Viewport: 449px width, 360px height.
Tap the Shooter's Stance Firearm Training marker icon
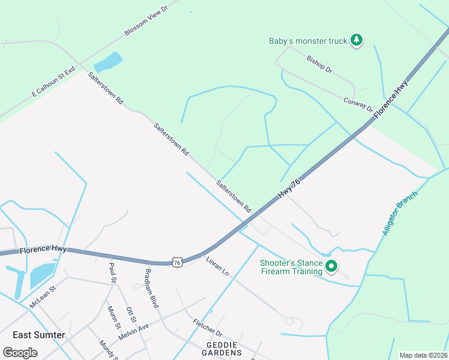pos(331,266)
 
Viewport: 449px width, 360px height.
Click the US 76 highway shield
pos(176,262)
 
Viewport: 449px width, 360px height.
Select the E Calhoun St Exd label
pos(53,82)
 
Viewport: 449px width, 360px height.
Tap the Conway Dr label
pos(358,105)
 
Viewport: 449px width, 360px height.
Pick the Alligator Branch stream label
pos(399,214)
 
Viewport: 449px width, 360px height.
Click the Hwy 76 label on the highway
pos(289,189)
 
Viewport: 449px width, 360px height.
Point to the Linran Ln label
pos(217,267)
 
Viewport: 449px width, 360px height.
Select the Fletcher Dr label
pos(208,328)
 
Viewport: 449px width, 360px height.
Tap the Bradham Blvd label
pos(151,288)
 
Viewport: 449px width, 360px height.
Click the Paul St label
pos(112,272)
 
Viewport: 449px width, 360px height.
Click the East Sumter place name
pos(38,335)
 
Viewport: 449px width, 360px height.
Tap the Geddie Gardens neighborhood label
pos(222,350)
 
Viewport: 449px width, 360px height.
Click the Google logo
pos(20,353)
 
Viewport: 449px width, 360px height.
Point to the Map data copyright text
pos(424,355)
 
